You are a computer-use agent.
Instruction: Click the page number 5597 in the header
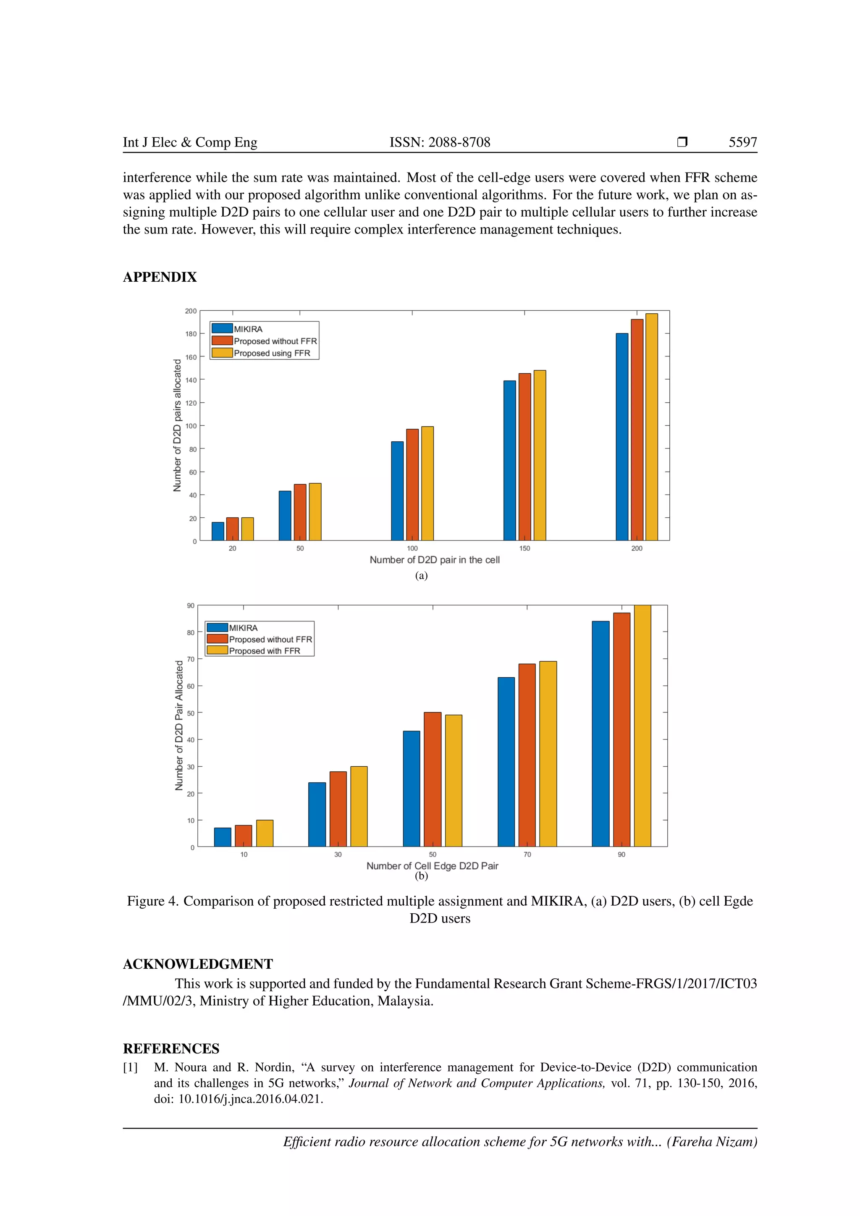pyautogui.click(x=742, y=142)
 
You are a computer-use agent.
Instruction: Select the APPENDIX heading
pyautogui.click(x=160, y=277)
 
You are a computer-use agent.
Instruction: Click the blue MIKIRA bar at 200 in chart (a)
pyautogui.click(x=622, y=437)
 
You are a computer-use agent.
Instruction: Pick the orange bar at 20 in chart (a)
pyautogui.click(x=233, y=529)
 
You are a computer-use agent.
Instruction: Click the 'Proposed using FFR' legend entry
pyautogui.click(x=272, y=353)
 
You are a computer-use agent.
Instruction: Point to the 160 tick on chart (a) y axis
pyautogui.click(x=191, y=357)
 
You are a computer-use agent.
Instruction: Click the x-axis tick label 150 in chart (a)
pyautogui.click(x=524, y=548)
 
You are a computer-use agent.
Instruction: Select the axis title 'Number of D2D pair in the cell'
pyautogui.click(x=434, y=560)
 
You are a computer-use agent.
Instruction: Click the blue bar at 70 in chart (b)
pyautogui.click(x=506, y=762)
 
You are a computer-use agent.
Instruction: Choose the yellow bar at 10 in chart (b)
pyautogui.click(x=265, y=833)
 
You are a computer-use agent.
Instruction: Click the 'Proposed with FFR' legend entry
pyautogui.click(x=264, y=651)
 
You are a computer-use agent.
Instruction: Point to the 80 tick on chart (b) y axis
pyautogui.click(x=191, y=632)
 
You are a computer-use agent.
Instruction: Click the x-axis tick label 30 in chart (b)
pyautogui.click(x=338, y=854)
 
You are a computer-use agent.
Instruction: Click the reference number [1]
pyautogui.click(x=130, y=1067)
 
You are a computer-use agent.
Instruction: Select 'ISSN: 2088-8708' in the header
pyautogui.click(x=440, y=142)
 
